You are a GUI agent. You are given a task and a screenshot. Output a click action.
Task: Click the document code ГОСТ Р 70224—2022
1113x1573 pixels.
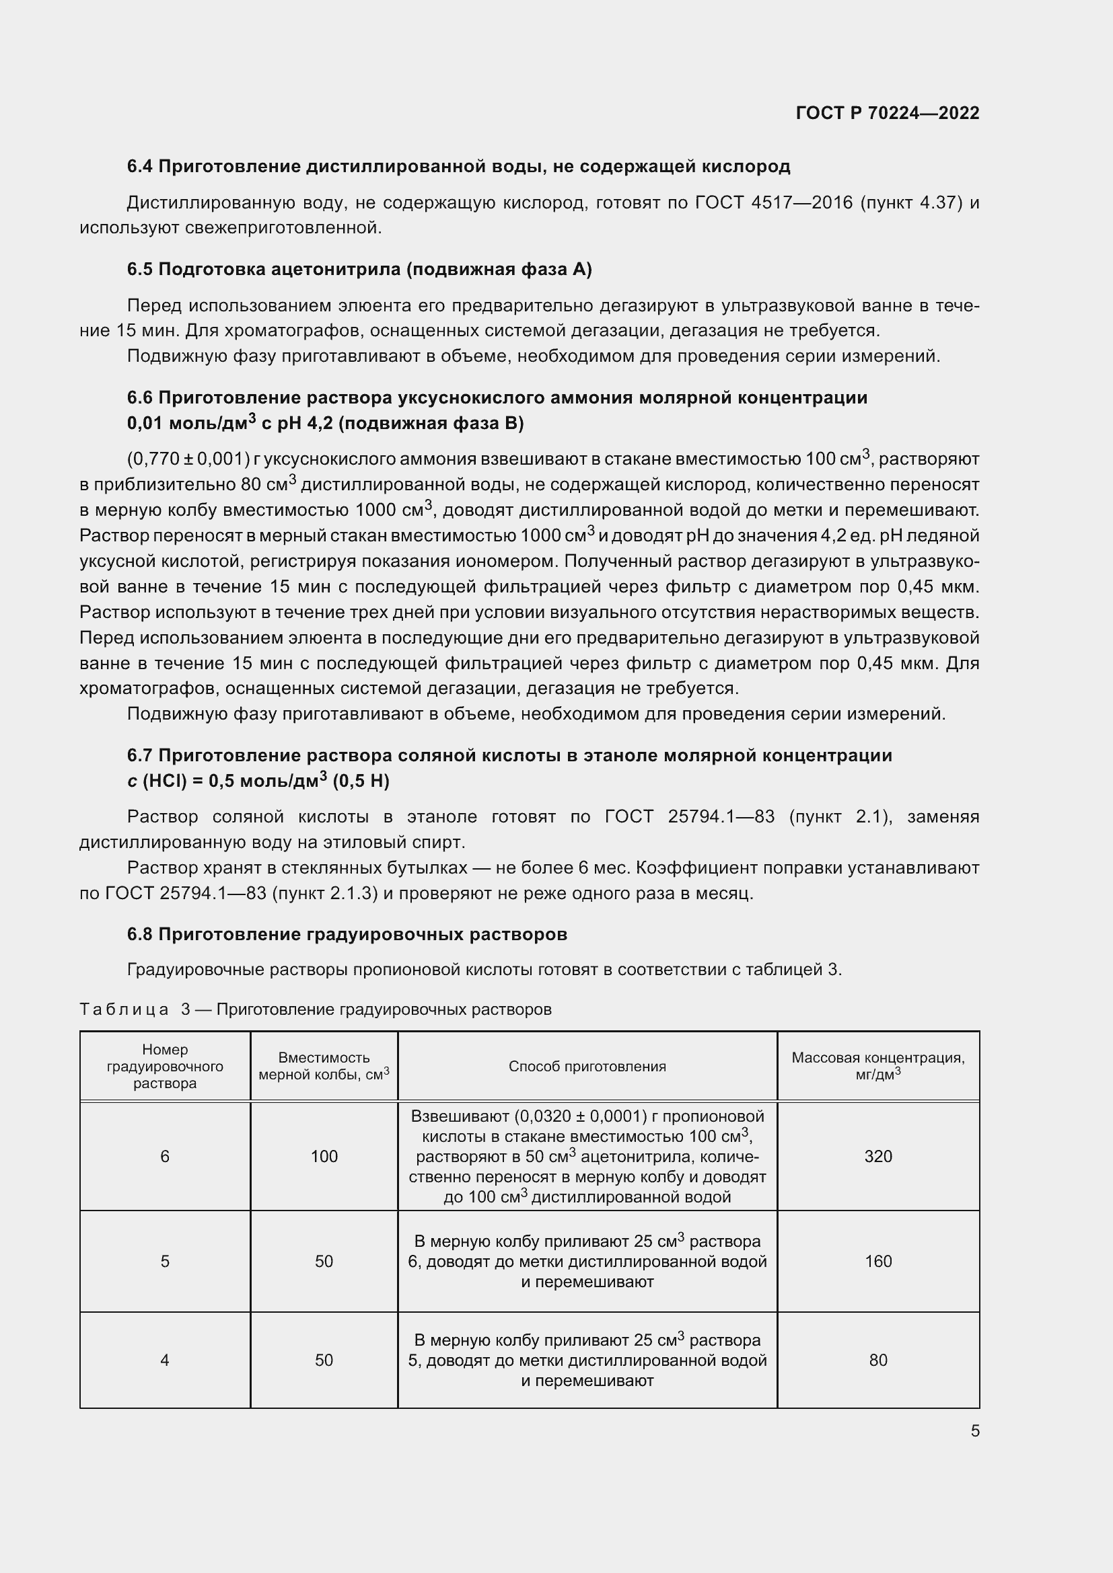(x=887, y=113)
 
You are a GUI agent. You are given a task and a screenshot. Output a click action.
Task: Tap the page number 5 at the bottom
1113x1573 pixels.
(x=974, y=1430)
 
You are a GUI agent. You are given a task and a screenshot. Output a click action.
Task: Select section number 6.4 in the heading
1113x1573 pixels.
(x=140, y=167)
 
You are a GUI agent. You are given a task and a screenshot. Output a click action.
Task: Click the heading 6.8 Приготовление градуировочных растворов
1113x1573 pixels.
(x=347, y=935)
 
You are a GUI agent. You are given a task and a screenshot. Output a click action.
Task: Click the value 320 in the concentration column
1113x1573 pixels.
(x=878, y=1157)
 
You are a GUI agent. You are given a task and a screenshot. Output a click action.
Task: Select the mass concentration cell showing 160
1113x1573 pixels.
(x=878, y=1261)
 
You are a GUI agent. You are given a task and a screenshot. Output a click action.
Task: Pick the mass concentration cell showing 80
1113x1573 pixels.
(x=878, y=1360)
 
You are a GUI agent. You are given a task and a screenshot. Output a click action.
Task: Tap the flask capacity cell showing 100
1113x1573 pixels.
(x=324, y=1157)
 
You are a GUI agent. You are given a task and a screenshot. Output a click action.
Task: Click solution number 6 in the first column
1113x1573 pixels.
(x=164, y=1157)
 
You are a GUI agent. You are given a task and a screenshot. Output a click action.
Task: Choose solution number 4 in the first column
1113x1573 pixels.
(x=164, y=1360)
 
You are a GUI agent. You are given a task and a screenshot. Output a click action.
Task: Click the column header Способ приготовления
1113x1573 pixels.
(x=587, y=1066)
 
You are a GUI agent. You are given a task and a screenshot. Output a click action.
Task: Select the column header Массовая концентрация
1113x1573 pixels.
(x=878, y=1058)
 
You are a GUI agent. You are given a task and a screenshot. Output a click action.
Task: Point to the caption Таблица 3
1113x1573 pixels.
(x=135, y=1009)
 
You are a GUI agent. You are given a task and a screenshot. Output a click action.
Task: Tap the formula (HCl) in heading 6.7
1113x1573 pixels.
(x=164, y=781)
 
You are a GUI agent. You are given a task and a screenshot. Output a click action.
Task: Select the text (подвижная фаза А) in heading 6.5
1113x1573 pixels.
(x=499, y=269)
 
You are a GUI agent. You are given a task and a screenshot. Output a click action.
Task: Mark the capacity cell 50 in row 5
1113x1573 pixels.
(x=324, y=1261)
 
